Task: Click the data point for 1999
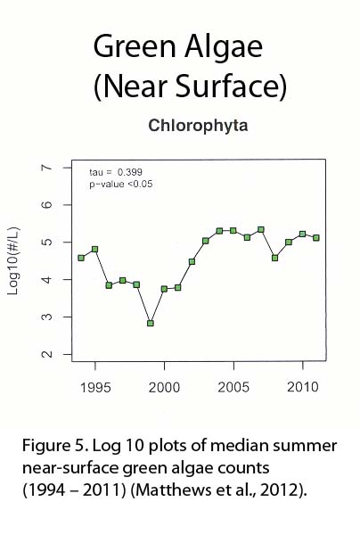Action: point(151,323)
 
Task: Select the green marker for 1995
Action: point(95,250)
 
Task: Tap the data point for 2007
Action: point(261,230)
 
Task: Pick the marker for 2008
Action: point(274,258)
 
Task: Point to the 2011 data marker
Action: point(316,238)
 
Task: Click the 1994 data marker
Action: point(81,258)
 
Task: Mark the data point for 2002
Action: point(192,261)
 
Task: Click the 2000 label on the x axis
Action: point(164,388)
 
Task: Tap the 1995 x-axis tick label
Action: point(95,388)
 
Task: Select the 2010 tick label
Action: point(303,387)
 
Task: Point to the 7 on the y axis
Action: point(47,168)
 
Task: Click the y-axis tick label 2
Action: point(47,354)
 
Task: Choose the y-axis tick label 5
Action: point(47,242)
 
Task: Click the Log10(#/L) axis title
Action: point(14,261)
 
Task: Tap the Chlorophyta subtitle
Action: point(198,126)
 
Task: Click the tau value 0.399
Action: point(130,172)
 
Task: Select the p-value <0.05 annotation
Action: point(120,185)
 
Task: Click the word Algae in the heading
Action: point(224,47)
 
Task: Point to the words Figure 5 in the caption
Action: point(53,446)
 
